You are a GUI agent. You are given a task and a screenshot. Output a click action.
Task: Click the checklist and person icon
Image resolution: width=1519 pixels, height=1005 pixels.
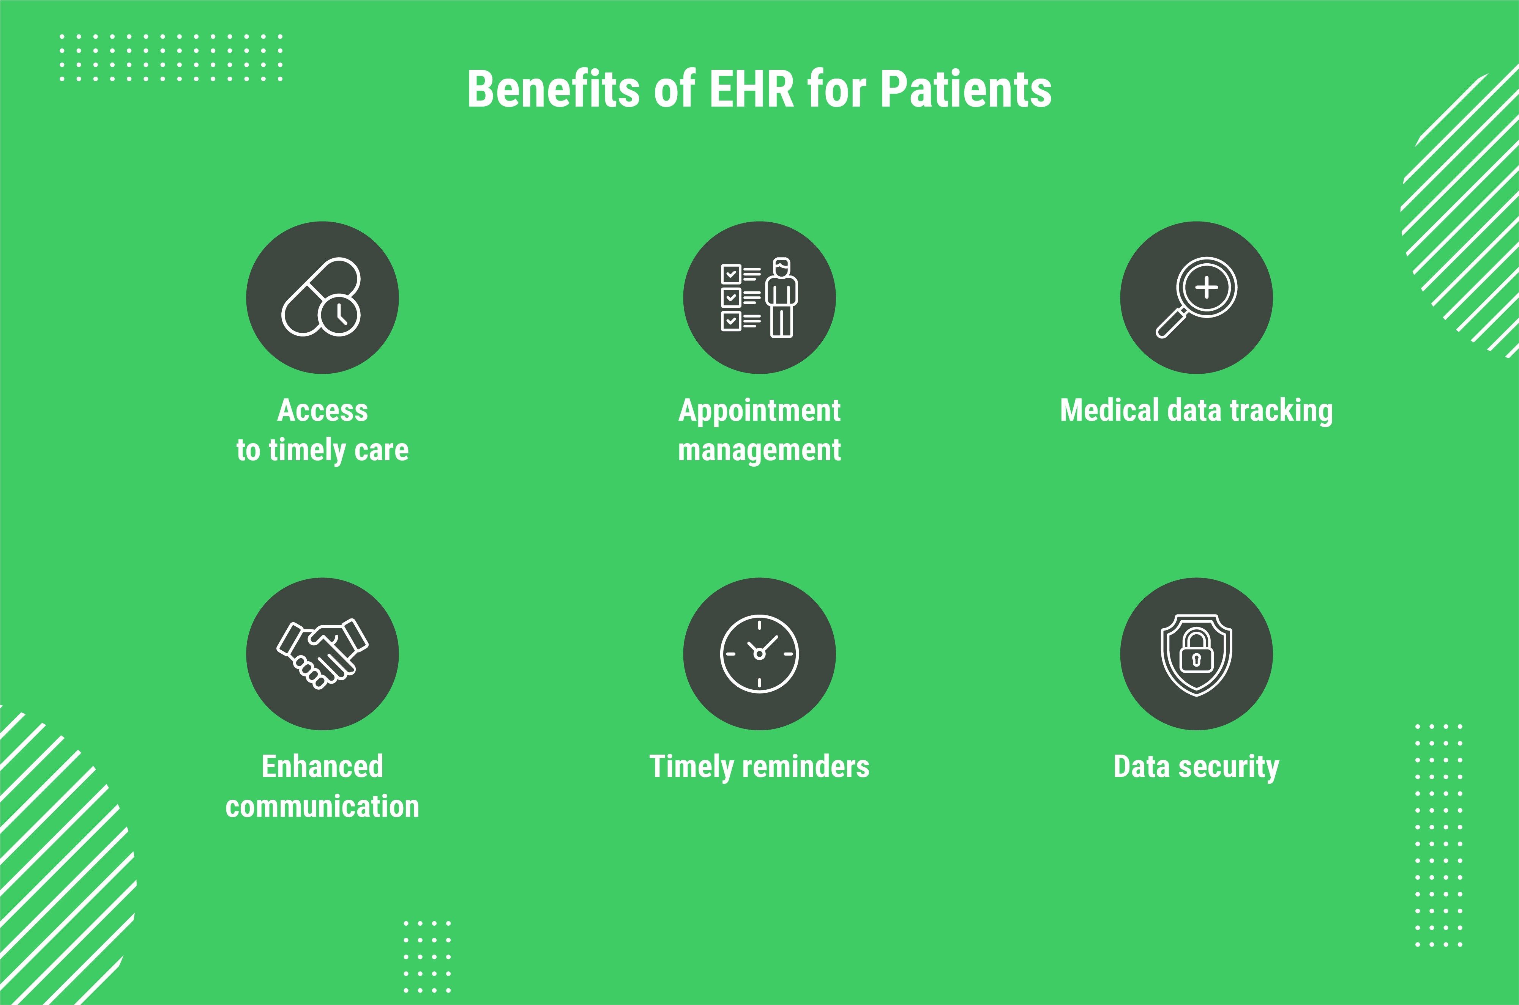pyautogui.click(x=760, y=297)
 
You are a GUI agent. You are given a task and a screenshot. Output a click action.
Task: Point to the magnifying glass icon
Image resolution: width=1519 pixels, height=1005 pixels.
pyautogui.click(x=1196, y=297)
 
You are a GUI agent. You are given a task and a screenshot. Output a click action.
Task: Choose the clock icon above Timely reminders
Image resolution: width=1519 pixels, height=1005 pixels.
pyautogui.click(x=759, y=654)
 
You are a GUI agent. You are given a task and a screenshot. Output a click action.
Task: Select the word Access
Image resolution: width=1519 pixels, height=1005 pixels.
pyautogui.click(x=323, y=410)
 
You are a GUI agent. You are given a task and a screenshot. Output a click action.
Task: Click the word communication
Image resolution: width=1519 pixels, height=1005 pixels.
pyautogui.click(x=323, y=806)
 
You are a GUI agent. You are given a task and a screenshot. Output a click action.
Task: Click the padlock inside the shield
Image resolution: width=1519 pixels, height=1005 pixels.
pyautogui.click(x=1196, y=651)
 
